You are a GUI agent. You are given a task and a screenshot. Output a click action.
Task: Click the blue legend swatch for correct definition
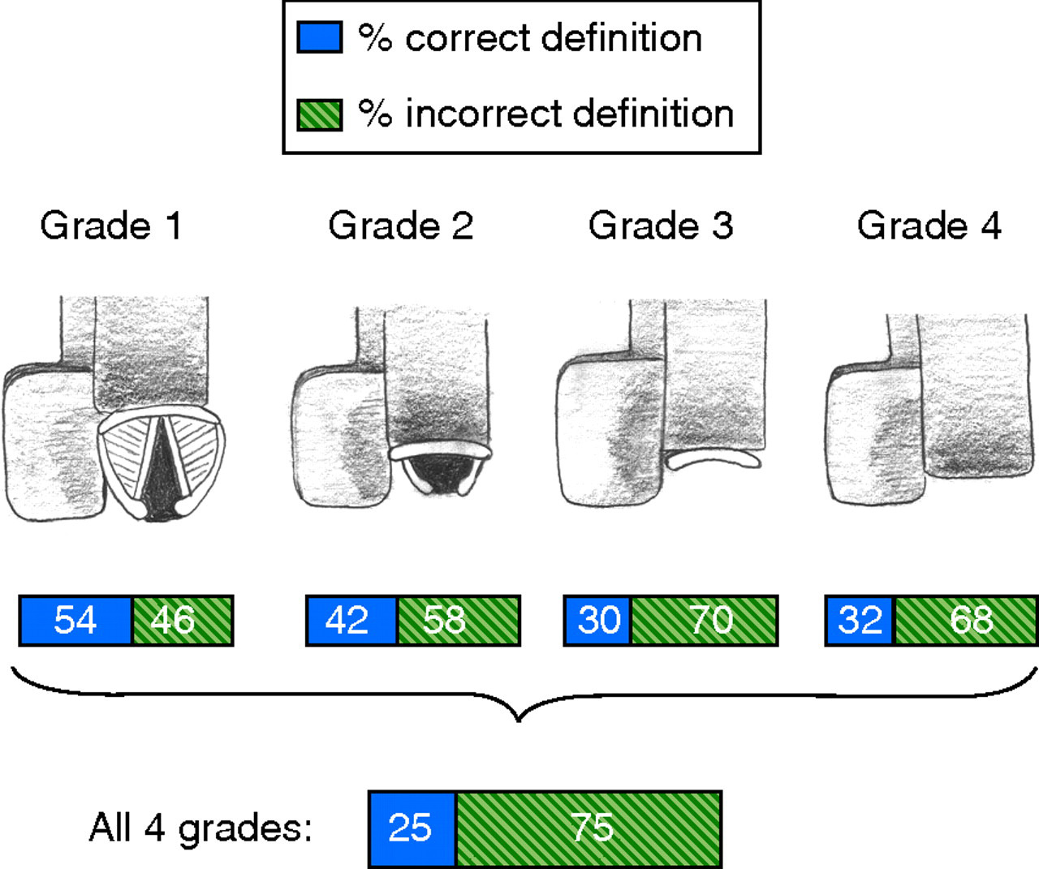coord(319,37)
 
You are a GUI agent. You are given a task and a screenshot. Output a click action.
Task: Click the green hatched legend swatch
coord(319,114)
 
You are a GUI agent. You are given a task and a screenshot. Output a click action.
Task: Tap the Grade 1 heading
coord(110,226)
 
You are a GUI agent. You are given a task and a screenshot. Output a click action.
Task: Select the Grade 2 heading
coord(400,226)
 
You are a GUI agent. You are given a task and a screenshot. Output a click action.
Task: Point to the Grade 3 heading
coord(661,226)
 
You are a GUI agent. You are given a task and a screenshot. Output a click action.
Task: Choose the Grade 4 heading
coord(929,226)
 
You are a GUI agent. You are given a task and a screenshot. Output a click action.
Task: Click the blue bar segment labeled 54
coord(75,621)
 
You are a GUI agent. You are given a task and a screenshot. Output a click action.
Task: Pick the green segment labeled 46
coord(183,621)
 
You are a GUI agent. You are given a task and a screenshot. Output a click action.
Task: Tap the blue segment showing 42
coord(351,621)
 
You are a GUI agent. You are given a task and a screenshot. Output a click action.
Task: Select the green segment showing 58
coord(459,621)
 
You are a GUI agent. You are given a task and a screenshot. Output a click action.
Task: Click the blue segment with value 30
coord(597,621)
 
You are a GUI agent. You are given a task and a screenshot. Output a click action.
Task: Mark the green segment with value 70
coord(705,621)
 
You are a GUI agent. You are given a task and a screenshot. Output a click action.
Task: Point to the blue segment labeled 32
coord(860,621)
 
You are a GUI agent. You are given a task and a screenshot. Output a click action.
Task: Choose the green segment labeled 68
coord(966,621)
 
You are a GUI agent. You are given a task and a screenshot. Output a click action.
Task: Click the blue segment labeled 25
coord(412,828)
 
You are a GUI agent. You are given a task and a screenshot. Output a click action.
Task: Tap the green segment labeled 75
coord(588,828)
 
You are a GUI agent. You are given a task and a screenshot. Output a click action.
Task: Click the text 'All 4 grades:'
coord(200,828)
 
